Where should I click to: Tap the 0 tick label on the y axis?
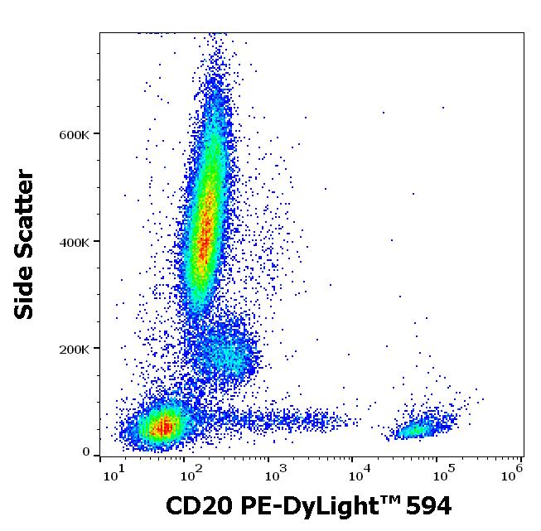point(86,452)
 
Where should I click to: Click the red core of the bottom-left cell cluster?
point(165,427)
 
